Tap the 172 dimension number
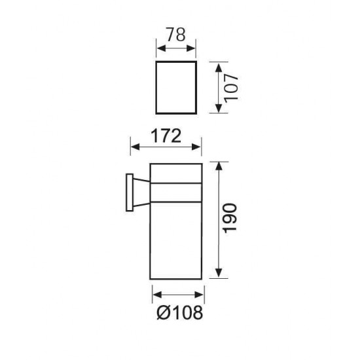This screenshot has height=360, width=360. [x=166, y=136]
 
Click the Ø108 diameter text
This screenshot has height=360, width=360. [x=176, y=314]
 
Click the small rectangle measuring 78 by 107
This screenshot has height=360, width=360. [x=176, y=88]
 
